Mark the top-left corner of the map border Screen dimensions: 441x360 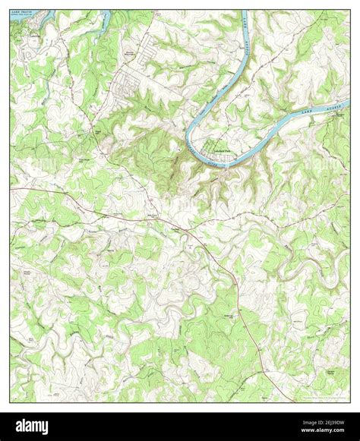(x=11, y=10)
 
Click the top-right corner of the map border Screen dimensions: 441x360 (x=349, y=10)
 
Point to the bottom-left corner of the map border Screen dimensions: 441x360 (x=11, y=402)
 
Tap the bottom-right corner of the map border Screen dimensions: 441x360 (x=349, y=402)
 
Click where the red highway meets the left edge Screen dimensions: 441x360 (x=11, y=188)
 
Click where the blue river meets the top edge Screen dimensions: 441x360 (x=245, y=11)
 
